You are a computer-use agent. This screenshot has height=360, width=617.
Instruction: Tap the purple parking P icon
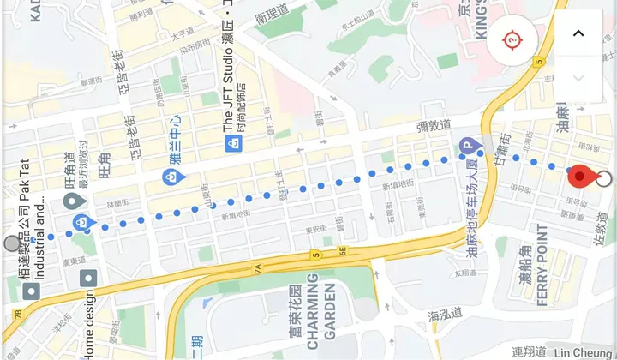(468, 147)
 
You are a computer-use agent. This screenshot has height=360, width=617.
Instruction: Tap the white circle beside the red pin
(604, 178)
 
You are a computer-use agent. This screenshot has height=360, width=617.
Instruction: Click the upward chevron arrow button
(578, 33)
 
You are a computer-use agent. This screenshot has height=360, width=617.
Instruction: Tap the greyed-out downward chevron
(578, 78)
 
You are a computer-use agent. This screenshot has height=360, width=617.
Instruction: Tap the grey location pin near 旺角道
(74, 202)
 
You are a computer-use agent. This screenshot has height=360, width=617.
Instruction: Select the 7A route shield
(256, 268)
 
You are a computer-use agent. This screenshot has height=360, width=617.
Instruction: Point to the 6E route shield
(341, 251)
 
